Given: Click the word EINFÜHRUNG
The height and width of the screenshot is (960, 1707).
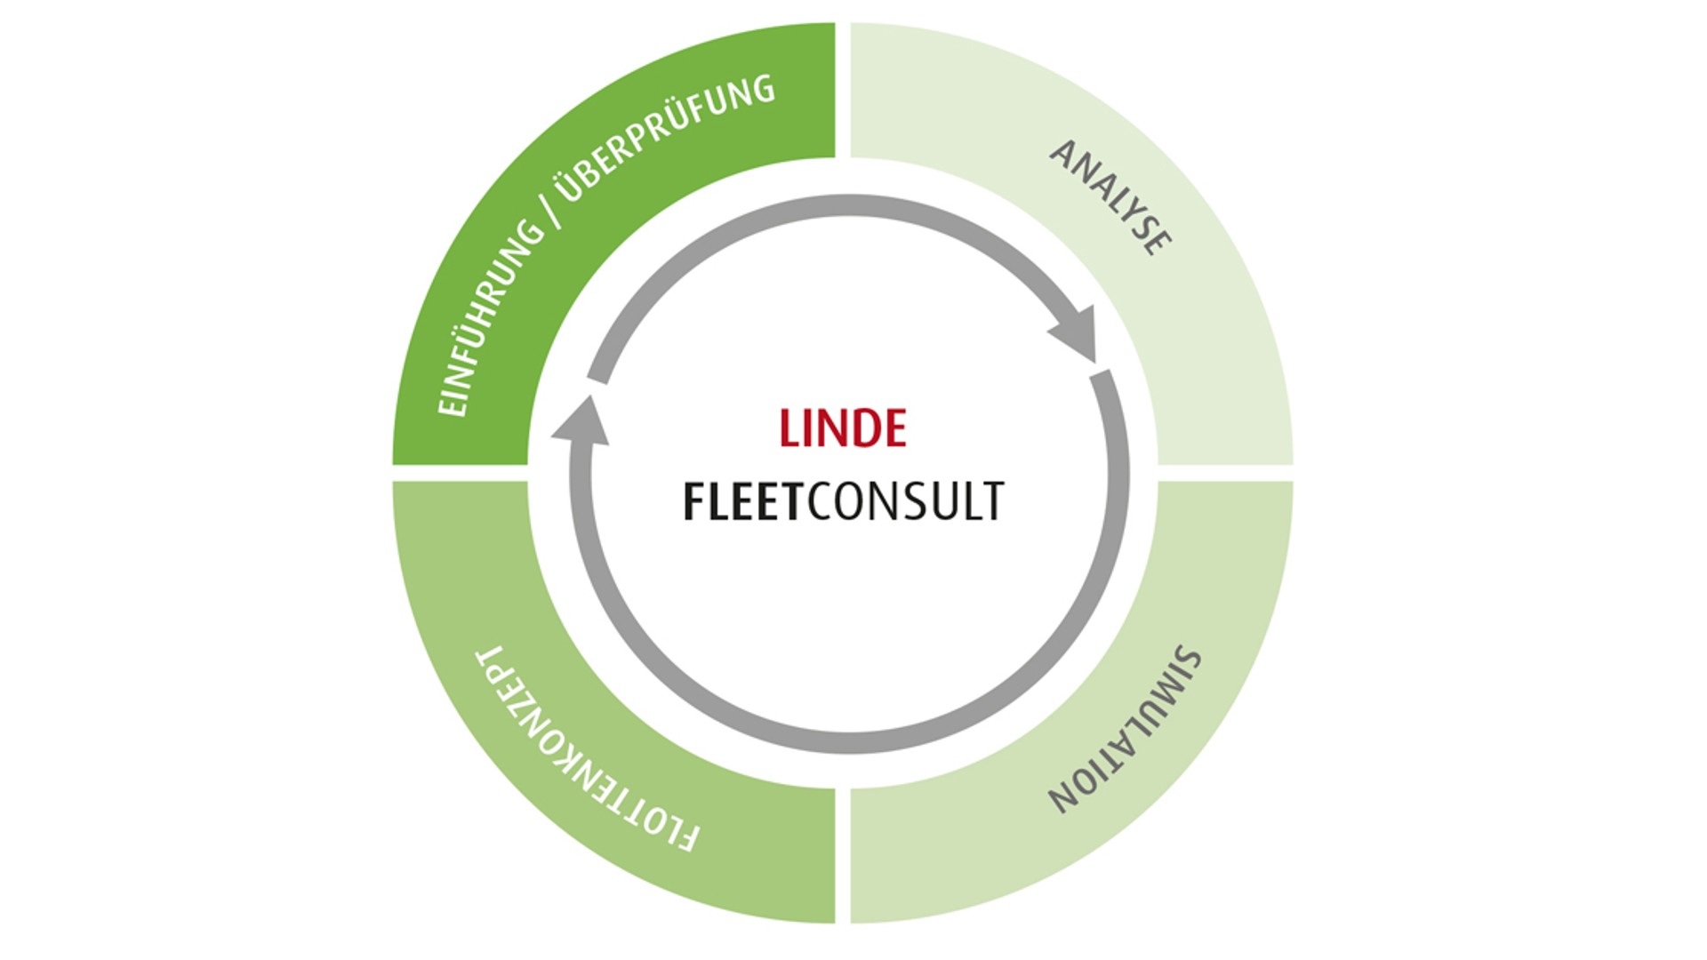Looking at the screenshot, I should pos(490,318).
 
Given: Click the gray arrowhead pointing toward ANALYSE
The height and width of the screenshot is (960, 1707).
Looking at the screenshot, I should pos(1078,333).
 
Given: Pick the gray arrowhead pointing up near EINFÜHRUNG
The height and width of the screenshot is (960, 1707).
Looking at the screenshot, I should pos(582,422).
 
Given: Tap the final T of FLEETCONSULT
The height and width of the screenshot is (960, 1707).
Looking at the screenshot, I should pos(994,501).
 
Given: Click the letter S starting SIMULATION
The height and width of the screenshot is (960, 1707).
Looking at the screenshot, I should pos(1189,660).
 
